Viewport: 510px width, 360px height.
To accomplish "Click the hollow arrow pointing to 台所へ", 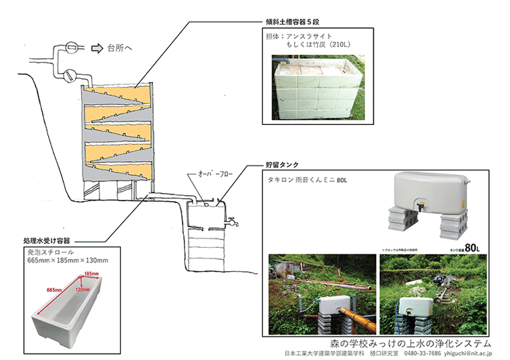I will point(98,47).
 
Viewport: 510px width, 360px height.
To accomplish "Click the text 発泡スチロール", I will point(49,253).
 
